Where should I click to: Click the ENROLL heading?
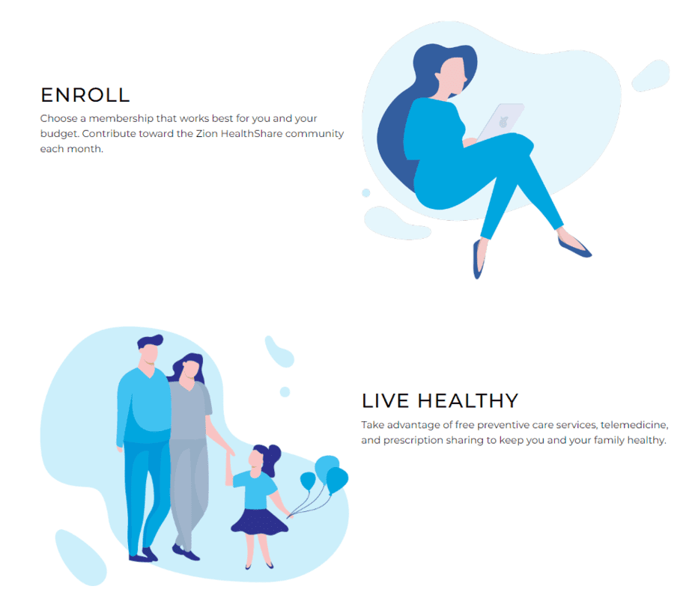coord(85,95)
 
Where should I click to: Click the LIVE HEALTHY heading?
coord(440,401)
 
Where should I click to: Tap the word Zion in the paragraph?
coord(207,134)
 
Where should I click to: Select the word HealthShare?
coord(252,134)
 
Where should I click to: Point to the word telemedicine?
coord(634,425)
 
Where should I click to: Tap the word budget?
coord(60,134)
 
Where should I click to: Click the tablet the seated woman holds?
coord(501,122)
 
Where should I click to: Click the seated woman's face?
coord(452,76)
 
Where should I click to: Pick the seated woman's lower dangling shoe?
coord(478,260)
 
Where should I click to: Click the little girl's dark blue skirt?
coord(259,522)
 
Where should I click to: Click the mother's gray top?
coord(189,410)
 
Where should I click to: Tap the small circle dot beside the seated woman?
coord(366,193)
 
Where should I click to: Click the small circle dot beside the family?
coord(285,391)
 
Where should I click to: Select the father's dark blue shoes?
coord(144,555)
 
